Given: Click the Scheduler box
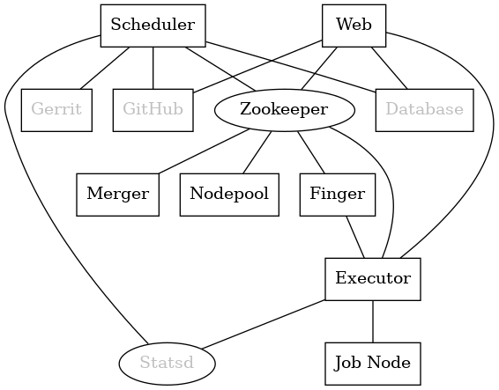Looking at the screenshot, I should tap(153, 26).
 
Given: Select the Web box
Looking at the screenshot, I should tap(354, 26).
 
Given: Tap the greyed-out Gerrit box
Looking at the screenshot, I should tap(56, 110).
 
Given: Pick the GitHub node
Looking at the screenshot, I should tap(153, 110).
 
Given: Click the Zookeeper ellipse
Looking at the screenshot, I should tap(285, 110).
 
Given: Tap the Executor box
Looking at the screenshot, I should tap(373, 279).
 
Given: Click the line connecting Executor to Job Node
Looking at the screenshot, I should tap(373, 321).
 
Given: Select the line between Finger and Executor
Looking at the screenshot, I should tap(355, 237).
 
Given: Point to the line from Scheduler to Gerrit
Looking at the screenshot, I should tap(104, 68).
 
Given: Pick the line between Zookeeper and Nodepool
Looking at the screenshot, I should tap(257, 152).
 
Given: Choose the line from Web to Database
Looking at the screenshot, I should tap(389, 68).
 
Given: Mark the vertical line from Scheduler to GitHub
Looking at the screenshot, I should tap(153, 68).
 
